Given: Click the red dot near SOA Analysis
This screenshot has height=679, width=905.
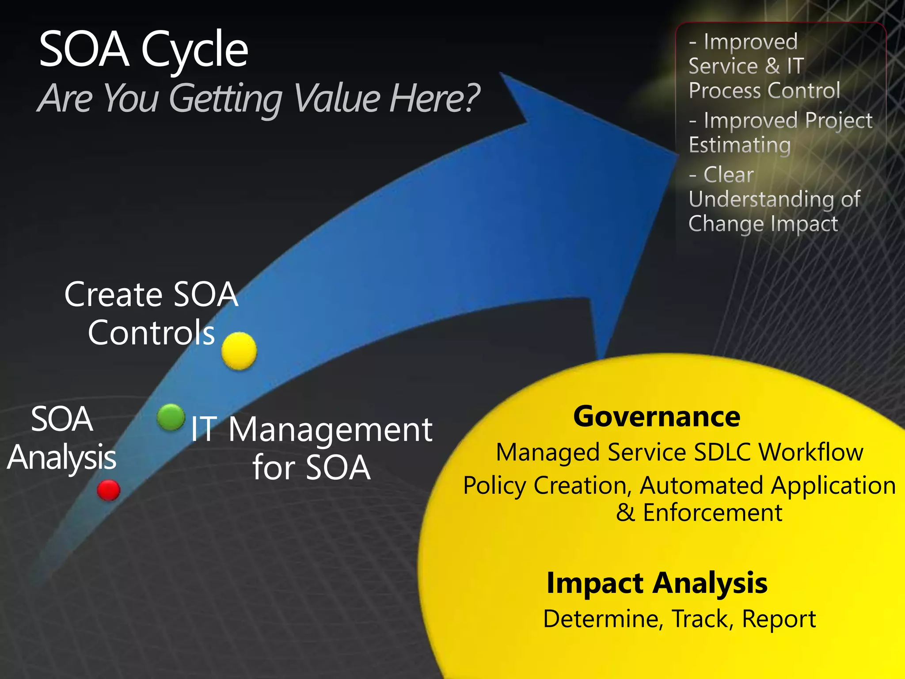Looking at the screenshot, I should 108,490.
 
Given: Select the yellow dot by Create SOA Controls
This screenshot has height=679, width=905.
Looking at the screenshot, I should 239,351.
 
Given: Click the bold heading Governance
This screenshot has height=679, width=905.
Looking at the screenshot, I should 656,416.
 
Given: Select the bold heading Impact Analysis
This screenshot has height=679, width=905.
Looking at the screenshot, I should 657,583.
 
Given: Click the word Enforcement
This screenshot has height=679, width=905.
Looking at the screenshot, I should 712,513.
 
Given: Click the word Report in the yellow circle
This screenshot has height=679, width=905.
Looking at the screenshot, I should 779,618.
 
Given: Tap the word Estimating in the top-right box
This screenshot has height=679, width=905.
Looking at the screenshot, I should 740,145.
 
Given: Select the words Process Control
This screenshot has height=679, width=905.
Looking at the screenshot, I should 764,91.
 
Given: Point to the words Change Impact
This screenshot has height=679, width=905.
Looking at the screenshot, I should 763,224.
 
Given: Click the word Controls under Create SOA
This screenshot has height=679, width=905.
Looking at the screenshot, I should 151,333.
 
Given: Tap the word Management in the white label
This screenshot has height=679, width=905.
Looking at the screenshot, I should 330,430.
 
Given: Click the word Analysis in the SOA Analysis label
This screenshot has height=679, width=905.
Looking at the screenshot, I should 62,458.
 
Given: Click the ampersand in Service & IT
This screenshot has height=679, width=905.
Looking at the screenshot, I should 772,66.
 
